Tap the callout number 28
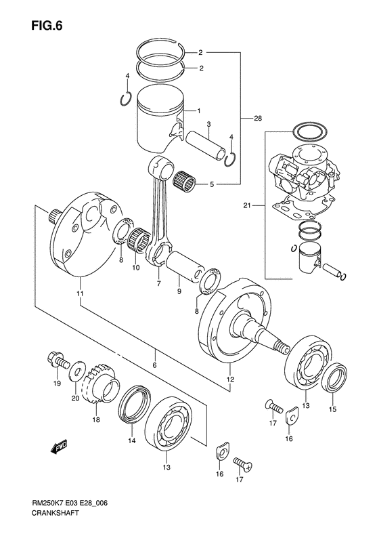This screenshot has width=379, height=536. pyautogui.click(x=258, y=119)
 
